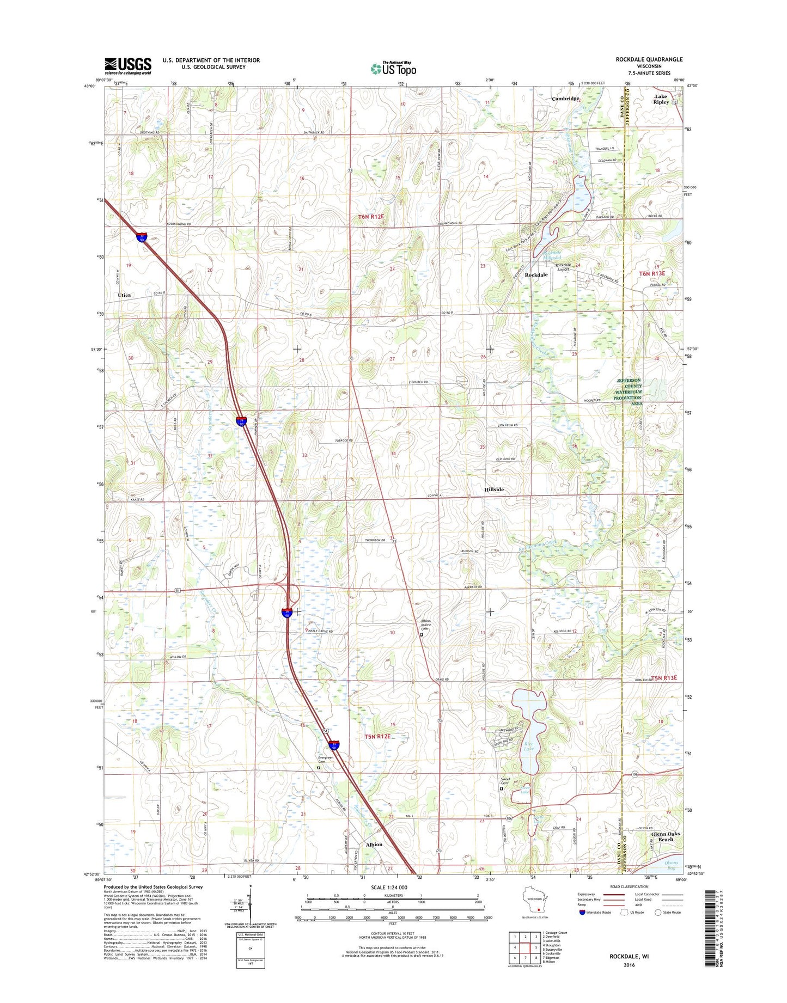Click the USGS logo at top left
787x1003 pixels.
click(128, 66)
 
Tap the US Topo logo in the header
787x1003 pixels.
click(393, 69)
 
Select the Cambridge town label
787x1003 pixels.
click(565, 99)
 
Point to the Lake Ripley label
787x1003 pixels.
click(661, 99)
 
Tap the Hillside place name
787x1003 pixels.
click(493, 490)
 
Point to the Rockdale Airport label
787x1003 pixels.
click(562, 267)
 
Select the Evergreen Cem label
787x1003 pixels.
click(326, 759)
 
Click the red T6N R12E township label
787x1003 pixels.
click(371, 217)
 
